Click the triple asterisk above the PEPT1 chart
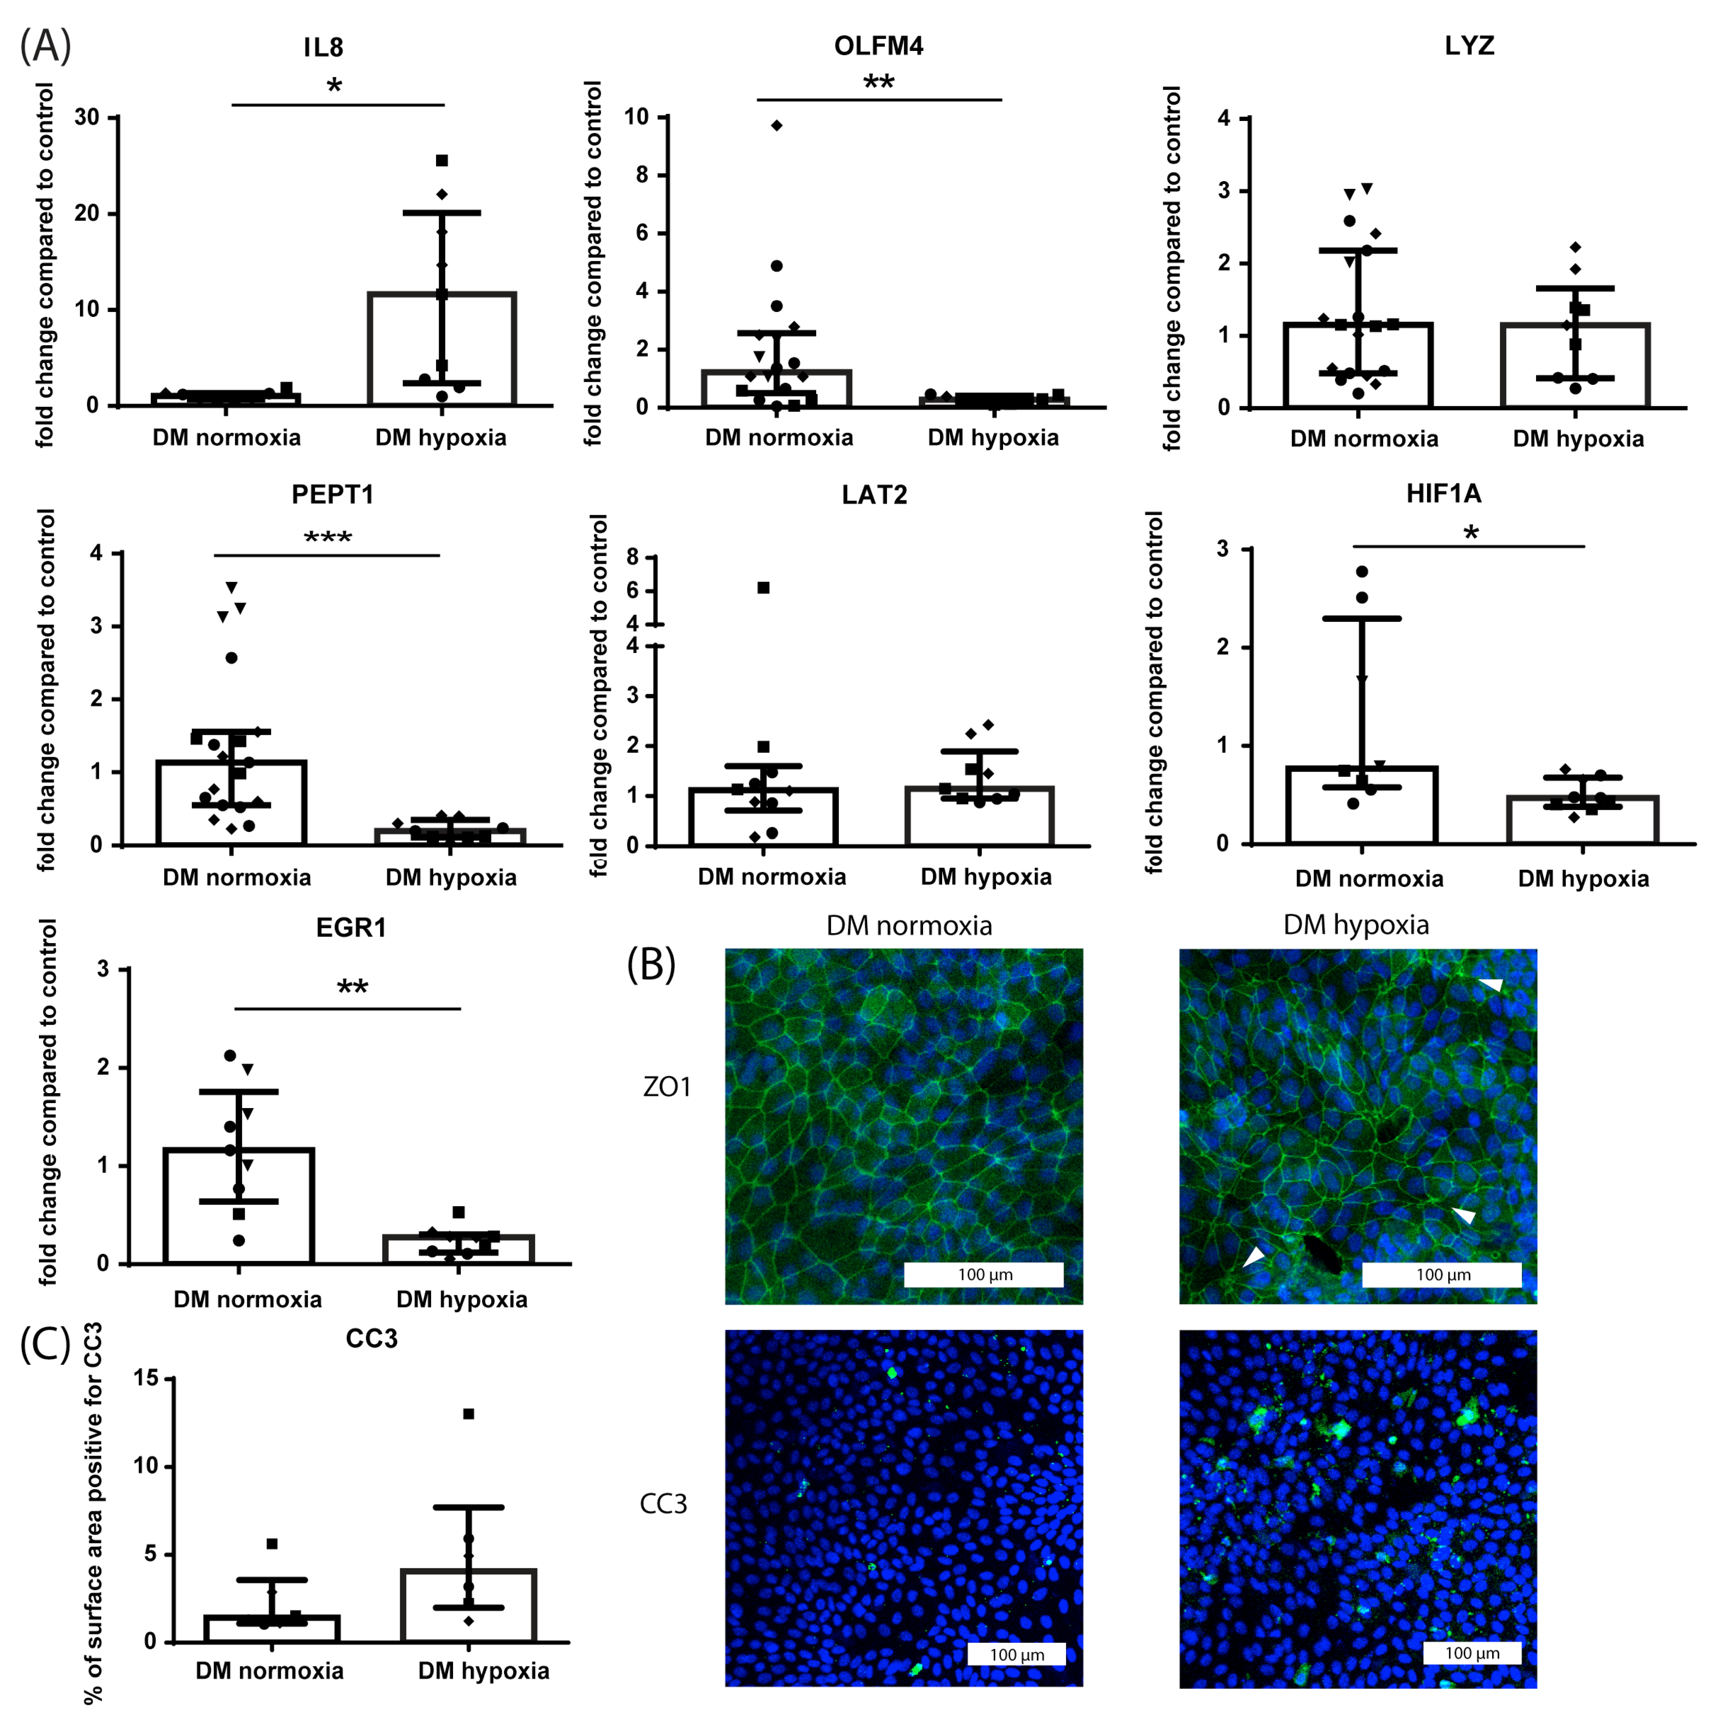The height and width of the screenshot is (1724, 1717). pyautogui.click(x=328, y=538)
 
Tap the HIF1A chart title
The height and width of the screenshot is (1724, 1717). pyautogui.click(x=1443, y=493)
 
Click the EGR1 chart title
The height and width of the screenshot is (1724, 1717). pyautogui.click(x=352, y=928)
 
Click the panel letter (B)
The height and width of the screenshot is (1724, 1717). pyautogui.click(x=651, y=965)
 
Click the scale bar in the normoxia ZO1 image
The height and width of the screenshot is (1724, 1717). pyautogui.click(x=984, y=1274)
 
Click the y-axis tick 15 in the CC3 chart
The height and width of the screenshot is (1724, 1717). pyautogui.click(x=145, y=1379)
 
